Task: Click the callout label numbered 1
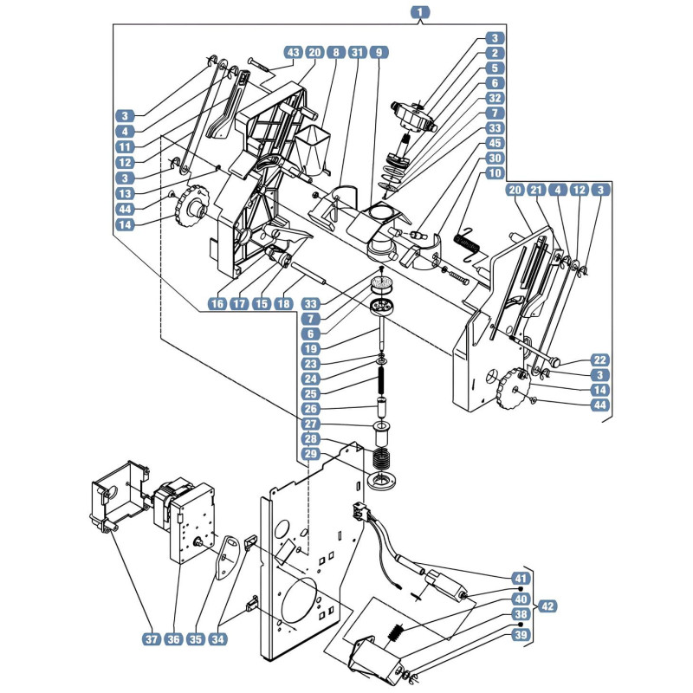tap(420, 12)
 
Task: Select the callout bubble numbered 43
tap(293, 53)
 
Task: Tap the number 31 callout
tap(358, 53)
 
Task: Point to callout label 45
tap(495, 143)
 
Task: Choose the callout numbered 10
tap(495, 173)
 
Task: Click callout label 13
tap(125, 193)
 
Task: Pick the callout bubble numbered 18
tap(283, 304)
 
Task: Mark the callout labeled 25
tap(311, 394)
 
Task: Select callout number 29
tap(311, 454)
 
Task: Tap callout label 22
tap(600, 360)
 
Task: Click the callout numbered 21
tap(536, 191)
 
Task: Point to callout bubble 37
tap(152, 639)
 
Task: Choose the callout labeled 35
tap(196, 639)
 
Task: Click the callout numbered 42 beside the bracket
tap(547, 606)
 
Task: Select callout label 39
tap(521, 635)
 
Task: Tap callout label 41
tap(521, 578)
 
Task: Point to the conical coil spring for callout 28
tap(381, 459)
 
